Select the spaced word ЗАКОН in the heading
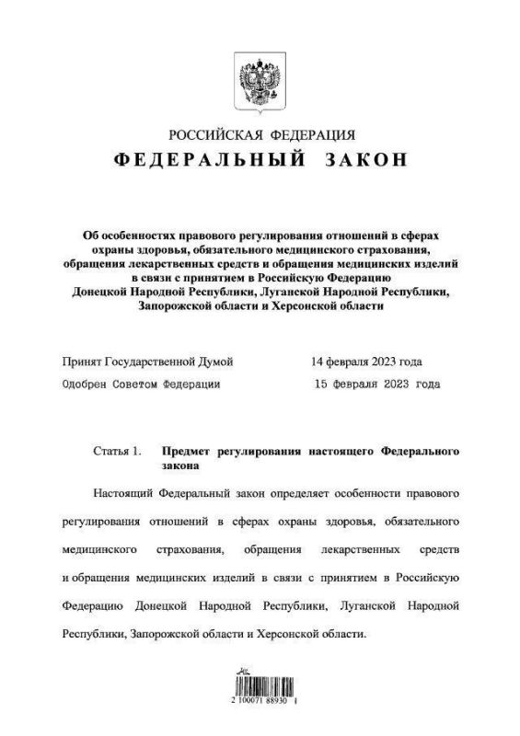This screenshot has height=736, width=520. (365, 160)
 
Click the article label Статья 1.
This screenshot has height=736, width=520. (118, 452)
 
